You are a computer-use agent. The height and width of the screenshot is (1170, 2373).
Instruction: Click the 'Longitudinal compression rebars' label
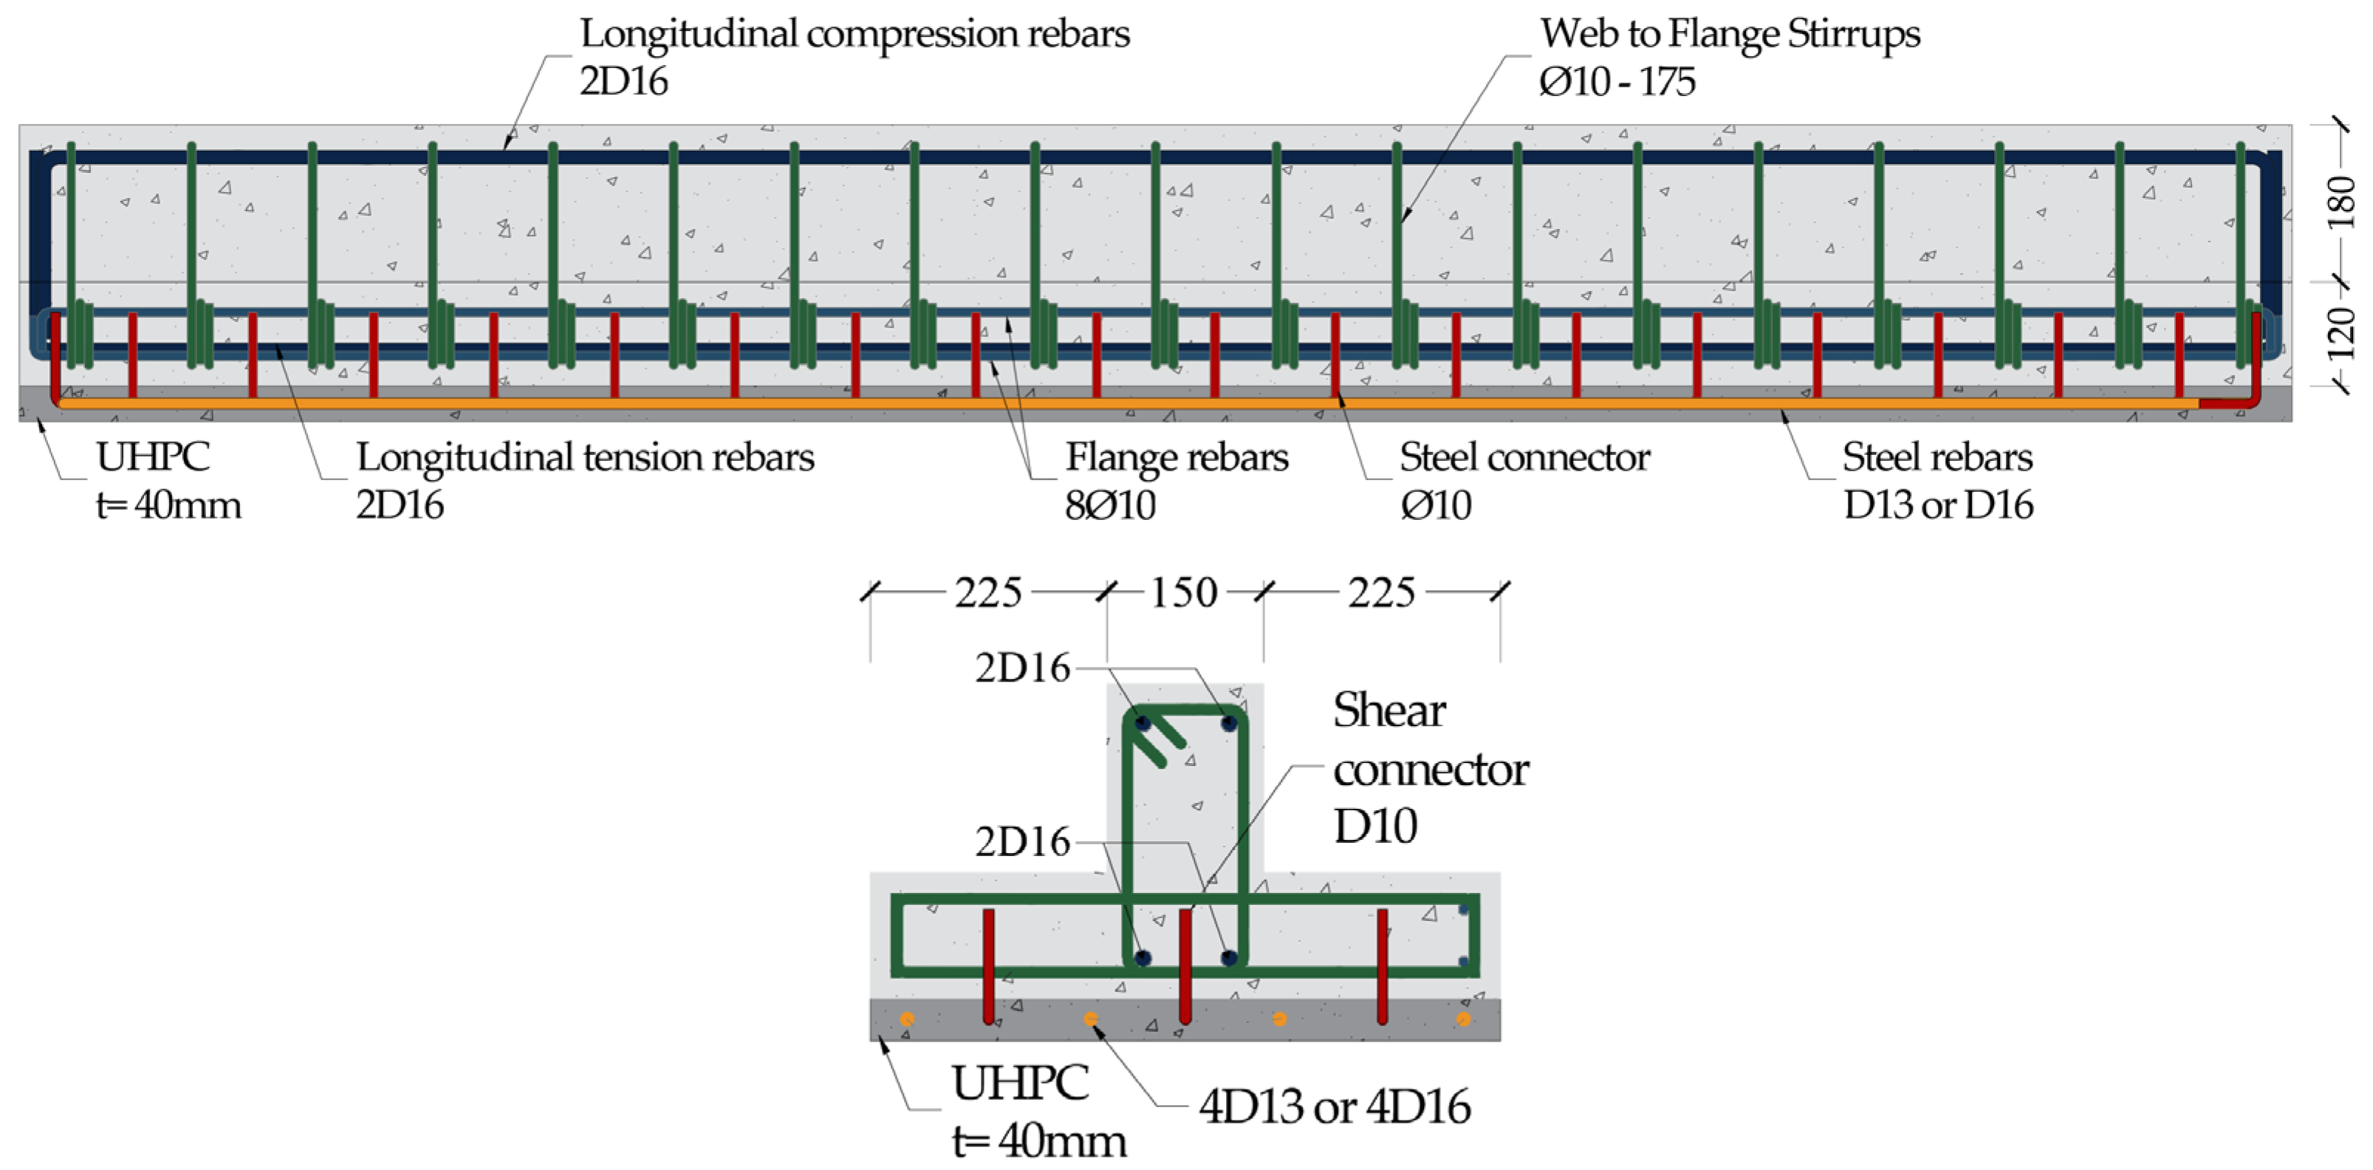coord(854,34)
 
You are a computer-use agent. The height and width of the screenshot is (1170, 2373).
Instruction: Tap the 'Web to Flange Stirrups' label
coord(1730,34)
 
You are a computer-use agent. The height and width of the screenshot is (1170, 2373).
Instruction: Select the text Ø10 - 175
coord(1617,82)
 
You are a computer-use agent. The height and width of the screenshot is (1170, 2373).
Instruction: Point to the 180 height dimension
coord(2341,202)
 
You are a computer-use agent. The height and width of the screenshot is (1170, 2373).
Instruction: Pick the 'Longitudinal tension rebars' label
coord(585,457)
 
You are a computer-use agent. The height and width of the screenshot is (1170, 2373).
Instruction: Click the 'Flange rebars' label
coord(1177,457)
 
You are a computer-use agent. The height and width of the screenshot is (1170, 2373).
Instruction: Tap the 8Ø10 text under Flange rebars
coord(1110,504)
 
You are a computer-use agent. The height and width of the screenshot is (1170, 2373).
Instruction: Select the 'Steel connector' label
coord(1524,457)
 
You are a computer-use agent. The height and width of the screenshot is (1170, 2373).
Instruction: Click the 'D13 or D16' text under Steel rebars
coord(1938,504)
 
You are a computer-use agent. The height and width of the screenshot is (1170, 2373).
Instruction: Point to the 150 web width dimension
coord(1184,592)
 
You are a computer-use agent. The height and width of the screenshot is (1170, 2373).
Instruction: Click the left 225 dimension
coord(987,592)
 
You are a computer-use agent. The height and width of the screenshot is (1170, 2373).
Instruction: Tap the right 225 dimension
coord(1381,592)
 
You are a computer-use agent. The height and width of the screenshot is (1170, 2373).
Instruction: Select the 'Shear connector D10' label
coord(1430,768)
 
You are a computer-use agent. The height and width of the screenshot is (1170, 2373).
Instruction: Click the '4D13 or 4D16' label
coord(1334,1106)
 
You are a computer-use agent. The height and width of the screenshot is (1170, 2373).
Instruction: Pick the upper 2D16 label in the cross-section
coord(1022,668)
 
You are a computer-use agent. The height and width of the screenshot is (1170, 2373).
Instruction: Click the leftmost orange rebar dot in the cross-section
coord(908,1019)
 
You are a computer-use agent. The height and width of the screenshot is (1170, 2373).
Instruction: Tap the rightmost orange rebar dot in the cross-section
coord(1463,1019)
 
